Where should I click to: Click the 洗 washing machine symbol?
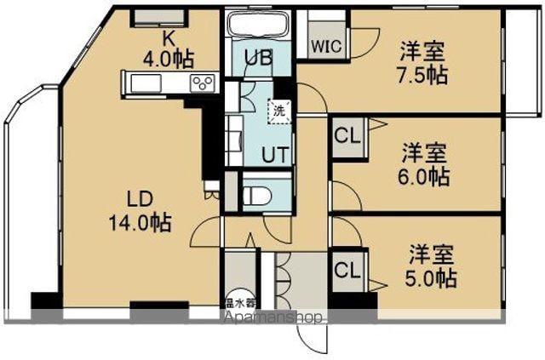pos(278,111)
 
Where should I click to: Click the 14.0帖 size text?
pos(140,223)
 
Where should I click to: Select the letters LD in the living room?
pos(140,201)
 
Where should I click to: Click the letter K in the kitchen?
pos(168,39)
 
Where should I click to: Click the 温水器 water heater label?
pos(239,302)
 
